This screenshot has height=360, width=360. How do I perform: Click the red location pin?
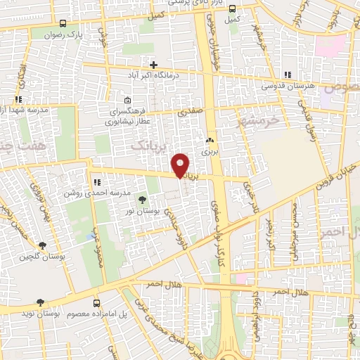(x=181, y=165)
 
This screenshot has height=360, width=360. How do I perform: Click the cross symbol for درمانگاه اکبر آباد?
(x=153, y=65)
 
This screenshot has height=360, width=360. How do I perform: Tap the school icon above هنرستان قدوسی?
(x=287, y=75)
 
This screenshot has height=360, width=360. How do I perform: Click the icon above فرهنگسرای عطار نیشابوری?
(x=127, y=99)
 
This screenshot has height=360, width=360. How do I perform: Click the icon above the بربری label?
(x=210, y=140)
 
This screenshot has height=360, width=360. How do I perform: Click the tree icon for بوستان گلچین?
(x=43, y=245)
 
